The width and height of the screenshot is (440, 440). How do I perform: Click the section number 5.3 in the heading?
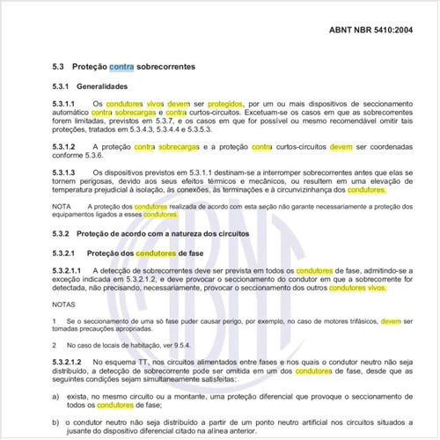[x=59, y=67]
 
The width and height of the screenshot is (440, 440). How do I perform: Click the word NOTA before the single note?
[x=62, y=206]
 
